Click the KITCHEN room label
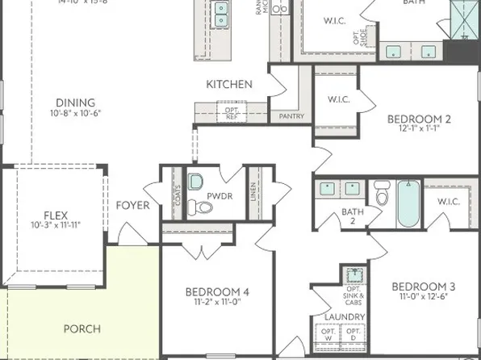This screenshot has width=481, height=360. tap(229, 84)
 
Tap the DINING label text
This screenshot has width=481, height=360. tap(75, 103)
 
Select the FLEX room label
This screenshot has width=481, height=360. tap(56, 215)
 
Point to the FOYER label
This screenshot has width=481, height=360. tap(133, 205)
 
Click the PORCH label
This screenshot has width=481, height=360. tap(82, 329)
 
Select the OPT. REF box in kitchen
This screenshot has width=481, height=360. tap(231, 112)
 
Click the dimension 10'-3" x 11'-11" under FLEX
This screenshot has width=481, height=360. tap(56, 224)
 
